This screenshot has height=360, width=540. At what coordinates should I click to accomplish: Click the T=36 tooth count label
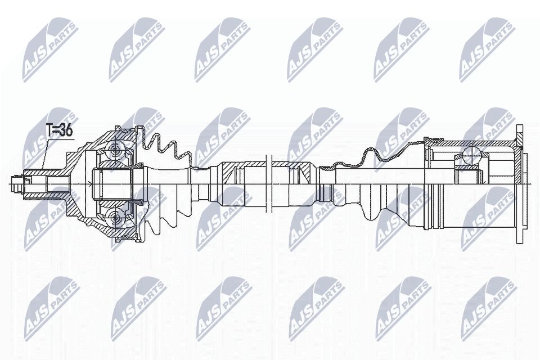tap(59, 130)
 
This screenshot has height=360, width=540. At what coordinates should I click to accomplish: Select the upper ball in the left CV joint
tap(116, 149)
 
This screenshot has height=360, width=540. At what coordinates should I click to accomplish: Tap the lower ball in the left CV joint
tap(116, 217)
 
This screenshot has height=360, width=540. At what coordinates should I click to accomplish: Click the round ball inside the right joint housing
tap(470, 152)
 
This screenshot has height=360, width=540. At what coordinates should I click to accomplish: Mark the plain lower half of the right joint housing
tap(467, 214)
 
